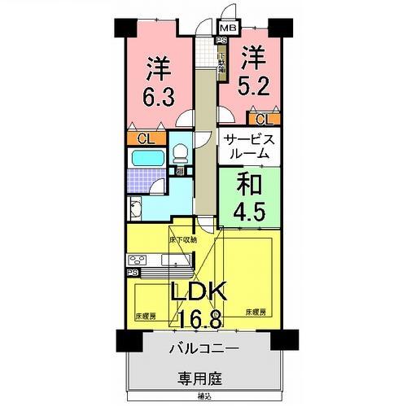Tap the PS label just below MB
221,41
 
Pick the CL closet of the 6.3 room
143,138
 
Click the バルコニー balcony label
203,348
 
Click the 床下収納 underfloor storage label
183,239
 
